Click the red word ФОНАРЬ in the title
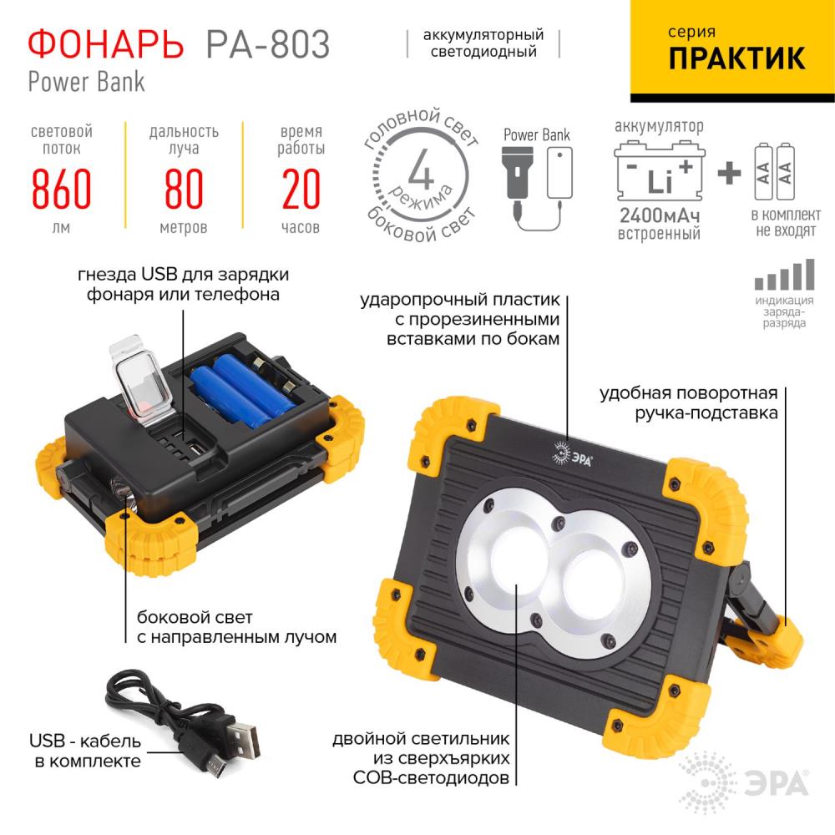click(x=105, y=44)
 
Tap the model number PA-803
click(x=268, y=44)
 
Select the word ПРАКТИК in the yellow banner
click(x=736, y=58)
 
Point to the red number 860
click(x=61, y=189)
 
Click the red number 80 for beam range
click(x=184, y=189)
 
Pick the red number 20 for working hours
click(x=301, y=189)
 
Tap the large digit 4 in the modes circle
click(x=421, y=169)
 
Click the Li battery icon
click(x=660, y=171)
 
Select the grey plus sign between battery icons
click(x=729, y=173)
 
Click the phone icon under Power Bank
click(x=559, y=173)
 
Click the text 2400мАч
click(x=660, y=215)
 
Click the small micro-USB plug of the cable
click(x=214, y=767)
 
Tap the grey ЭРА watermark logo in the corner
click(x=744, y=783)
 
